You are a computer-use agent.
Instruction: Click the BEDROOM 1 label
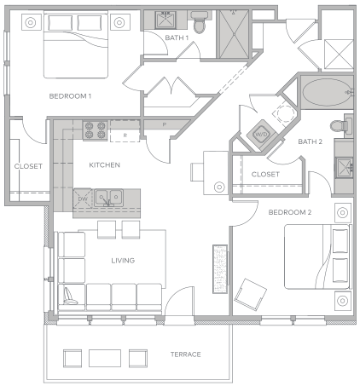pos(70,96)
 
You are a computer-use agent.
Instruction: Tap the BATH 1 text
pos(177,37)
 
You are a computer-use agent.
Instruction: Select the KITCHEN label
pos(104,165)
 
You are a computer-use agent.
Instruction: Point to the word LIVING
pos(123,261)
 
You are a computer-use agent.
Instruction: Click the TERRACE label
pos(185,354)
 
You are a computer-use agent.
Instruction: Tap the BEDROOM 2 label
pos(290,212)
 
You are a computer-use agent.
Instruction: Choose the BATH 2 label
pos(310,141)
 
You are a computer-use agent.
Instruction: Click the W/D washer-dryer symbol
pos(261,134)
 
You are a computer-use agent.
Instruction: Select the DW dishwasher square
pos(83,199)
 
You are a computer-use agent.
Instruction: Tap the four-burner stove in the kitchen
pos(95,130)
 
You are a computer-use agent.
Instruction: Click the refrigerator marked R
pos(125,131)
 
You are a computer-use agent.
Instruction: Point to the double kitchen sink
pos(108,198)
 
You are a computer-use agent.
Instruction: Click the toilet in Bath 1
pos(200,22)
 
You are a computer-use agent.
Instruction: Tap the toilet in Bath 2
pos(341,125)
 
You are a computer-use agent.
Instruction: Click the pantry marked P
pos(165,124)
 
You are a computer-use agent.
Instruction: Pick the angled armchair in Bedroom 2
pos(250,295)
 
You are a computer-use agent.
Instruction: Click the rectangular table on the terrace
pos(105,358)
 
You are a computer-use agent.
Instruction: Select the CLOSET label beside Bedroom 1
pos(28,166)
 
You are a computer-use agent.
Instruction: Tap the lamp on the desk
pos(219,187)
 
